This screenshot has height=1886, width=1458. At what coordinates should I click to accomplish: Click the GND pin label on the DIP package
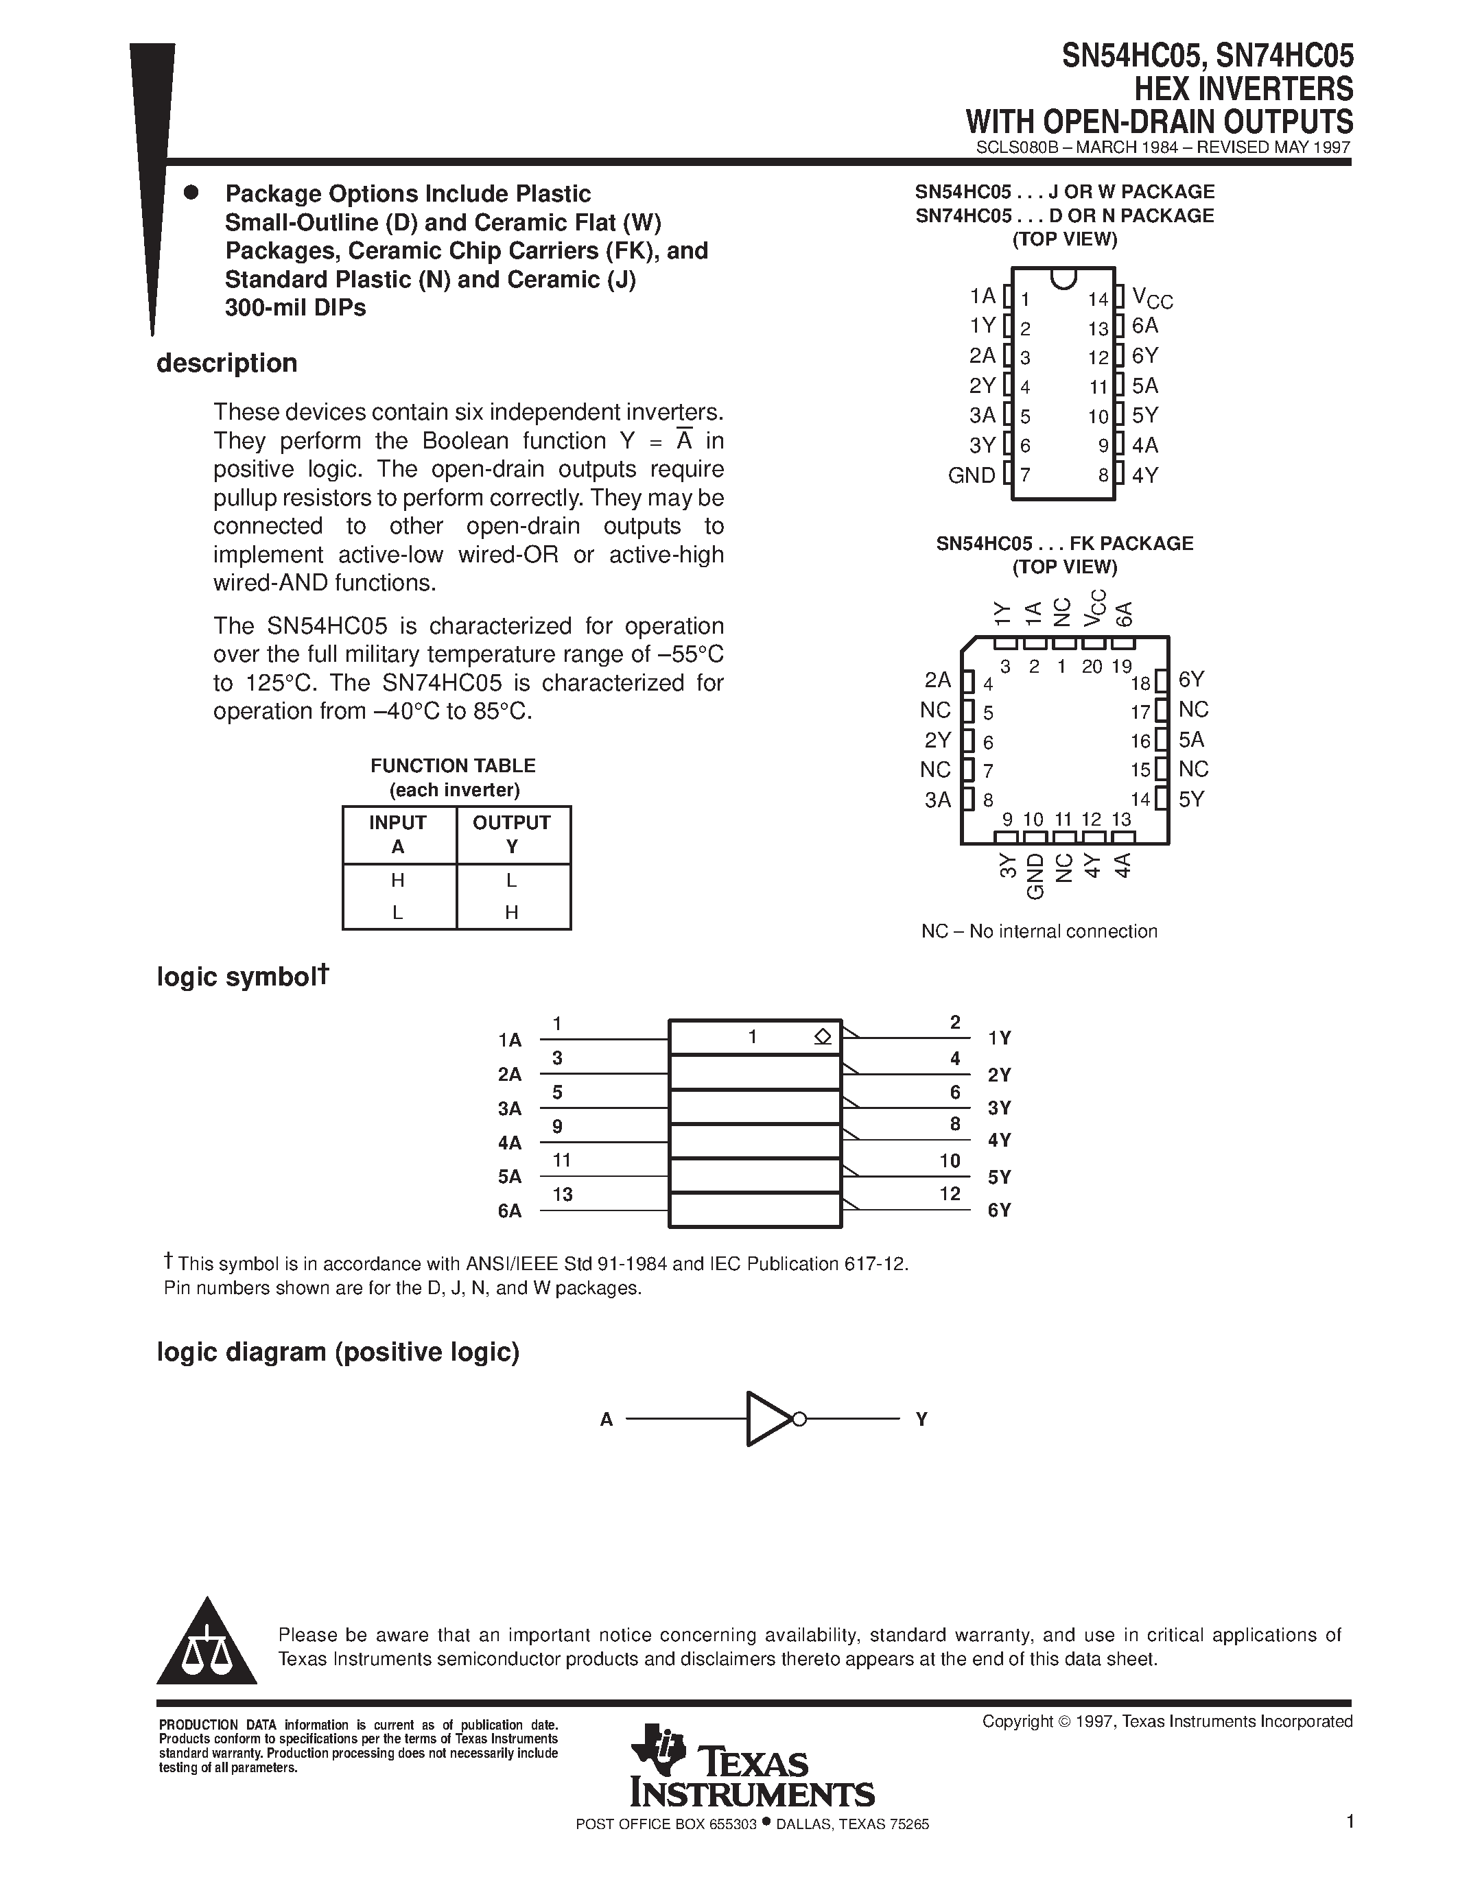click(972, 475)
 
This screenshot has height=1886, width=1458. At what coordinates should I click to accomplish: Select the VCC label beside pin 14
click(1152, 299)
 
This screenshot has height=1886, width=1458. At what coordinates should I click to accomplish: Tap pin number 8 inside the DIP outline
click(1103, 475)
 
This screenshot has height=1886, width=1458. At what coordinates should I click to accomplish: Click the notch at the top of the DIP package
click(1063, 277)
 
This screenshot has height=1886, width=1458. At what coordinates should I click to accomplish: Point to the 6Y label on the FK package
click(1191, 680)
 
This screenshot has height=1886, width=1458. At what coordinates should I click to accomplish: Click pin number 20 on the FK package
click(1092, 667)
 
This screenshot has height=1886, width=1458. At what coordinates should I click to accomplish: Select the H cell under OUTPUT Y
click(511, 912)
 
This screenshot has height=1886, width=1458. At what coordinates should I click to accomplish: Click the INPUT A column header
click(398, 834)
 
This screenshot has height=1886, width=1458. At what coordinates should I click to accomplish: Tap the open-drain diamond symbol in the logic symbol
click(822, 1037)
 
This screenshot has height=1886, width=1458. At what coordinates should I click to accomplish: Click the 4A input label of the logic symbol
click(510, 1143)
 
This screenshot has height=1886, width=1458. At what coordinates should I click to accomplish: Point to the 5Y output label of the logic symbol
click(1000, 1177)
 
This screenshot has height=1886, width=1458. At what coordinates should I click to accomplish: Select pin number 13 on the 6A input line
click(563, 1194)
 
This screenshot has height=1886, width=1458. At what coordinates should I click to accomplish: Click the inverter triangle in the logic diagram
click(766, 1419)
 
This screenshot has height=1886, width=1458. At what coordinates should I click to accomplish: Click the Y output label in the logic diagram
click(921, 1419)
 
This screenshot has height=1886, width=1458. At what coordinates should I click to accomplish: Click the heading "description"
click(227, 363)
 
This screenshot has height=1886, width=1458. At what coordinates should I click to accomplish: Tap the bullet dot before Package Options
click(191, 193)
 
